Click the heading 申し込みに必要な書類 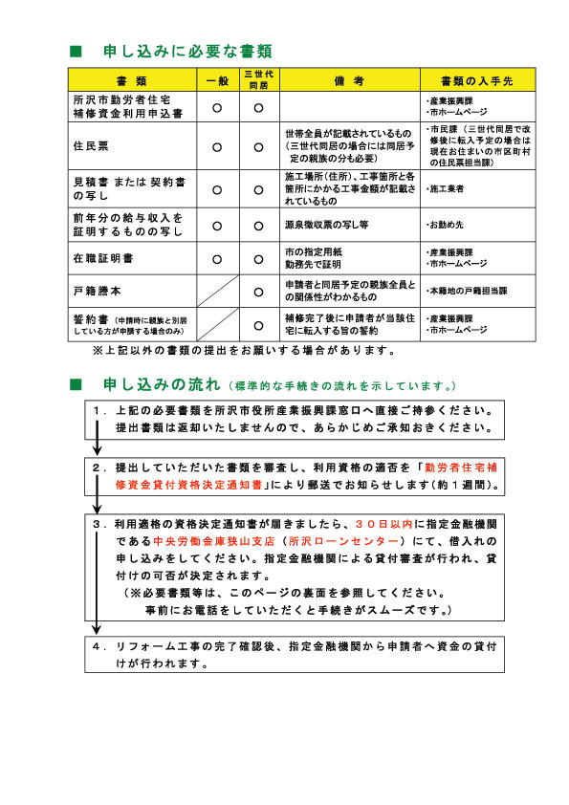(x=187, y=50)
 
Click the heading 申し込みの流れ (x=161, y=385)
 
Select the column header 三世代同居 (x=258, y=79)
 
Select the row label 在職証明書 (x=99, y=258)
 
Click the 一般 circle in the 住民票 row (x=217, y=147)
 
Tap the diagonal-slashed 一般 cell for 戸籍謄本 (x=217, y=290)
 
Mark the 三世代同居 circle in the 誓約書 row (x=258, y=324)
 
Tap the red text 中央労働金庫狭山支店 (x=204, y=540)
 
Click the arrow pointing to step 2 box (x=97, y=450)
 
